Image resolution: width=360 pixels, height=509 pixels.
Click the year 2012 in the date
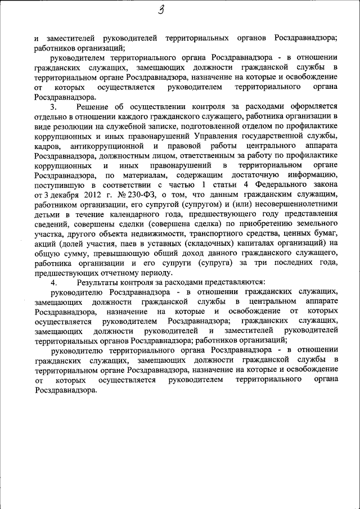click(x=80, y=194)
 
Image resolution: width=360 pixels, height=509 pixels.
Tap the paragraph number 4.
click(x=53, y=282)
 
